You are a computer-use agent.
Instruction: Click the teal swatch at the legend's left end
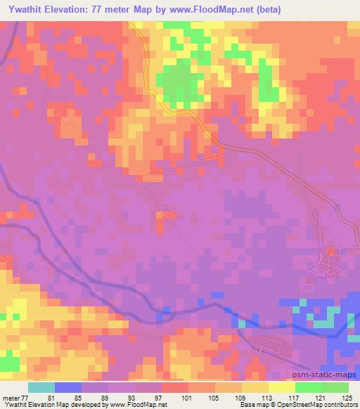tap(41, 387)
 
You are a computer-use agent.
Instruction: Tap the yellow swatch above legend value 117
tap(282, 387)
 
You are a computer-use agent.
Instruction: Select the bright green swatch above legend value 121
tap(309, 387)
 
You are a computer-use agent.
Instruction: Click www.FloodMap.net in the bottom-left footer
tap(144, 405)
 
